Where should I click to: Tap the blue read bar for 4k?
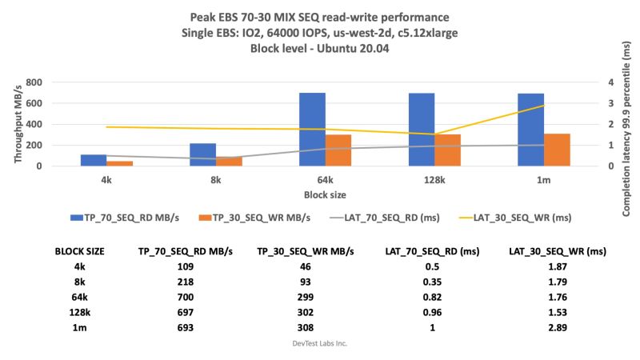[x=94, y=160]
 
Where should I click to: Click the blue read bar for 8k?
[x=203, y=154]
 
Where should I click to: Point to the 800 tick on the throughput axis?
[x=56, y=82]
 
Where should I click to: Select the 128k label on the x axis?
[x=435, y=180]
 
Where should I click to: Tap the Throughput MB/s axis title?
[x=18, y=124]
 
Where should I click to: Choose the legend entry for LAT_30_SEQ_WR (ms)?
[x=521, y=217]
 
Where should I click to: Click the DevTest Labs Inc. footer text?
[x=319, y=342]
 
